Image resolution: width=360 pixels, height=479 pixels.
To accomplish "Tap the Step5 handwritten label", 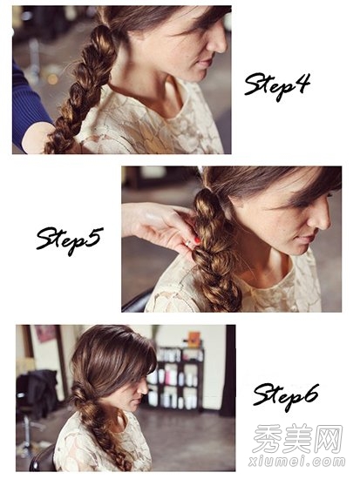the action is (x=68, y=239).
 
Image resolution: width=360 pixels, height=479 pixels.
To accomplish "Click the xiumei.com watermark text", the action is (x=296, y=461).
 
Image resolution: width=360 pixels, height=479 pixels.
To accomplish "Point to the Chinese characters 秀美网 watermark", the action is (x=297, y=439).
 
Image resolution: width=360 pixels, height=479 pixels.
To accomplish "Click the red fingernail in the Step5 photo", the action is (x=198, y=239).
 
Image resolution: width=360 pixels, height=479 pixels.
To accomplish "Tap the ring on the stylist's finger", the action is (x=188, y=244).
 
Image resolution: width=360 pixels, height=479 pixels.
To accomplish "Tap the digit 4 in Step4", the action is (x=302, y=83).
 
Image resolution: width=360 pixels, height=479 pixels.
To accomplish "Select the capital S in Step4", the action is (x=255, y=84).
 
